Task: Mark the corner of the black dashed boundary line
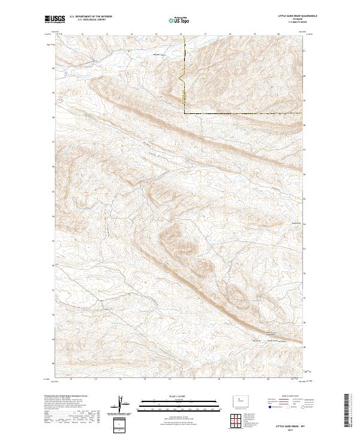click(184, 113)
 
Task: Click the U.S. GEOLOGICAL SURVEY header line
click(91, 20)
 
